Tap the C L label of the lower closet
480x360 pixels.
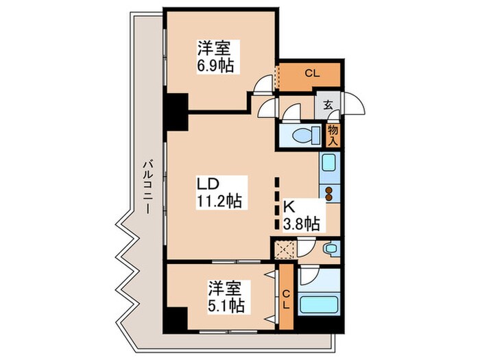point(287,299)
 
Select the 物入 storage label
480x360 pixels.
point(333,134)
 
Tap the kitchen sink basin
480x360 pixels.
point(328,164)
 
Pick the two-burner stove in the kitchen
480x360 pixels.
point(330,193)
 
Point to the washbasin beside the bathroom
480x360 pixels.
point(331,248)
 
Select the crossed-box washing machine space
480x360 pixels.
point(283,248)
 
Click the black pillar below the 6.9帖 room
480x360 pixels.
point(176,112)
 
